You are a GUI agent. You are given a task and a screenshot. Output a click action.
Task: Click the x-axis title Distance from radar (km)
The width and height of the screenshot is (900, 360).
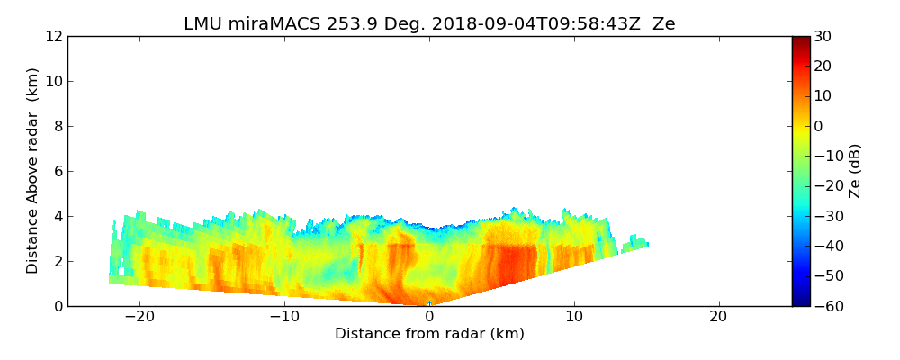[x=429, y=334]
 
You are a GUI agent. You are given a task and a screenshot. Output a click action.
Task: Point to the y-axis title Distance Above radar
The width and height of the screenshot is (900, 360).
[x=33, y=170]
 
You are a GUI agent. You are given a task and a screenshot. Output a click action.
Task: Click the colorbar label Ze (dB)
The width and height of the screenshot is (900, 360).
[x=855, y=171]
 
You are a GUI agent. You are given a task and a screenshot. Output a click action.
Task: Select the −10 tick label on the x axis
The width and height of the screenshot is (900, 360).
[x=284, y=317]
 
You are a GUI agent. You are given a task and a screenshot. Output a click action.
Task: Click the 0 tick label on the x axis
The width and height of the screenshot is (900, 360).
[x=429, y=317]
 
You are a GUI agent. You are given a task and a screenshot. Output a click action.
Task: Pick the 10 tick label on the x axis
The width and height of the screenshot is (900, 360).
[x=574, y=317]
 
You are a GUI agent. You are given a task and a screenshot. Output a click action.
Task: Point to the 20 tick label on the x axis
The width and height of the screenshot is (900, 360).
[x=718, y=317]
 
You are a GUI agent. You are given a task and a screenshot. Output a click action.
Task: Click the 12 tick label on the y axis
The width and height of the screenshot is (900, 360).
[x=52, y=37]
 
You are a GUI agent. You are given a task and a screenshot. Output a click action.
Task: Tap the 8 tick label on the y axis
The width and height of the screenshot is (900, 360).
[x=56, y=127]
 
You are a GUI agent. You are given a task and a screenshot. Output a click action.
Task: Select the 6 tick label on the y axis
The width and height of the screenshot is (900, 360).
[x=56, y=172]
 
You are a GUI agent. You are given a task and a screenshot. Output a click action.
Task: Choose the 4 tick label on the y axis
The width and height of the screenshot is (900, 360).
[x=56, y=217]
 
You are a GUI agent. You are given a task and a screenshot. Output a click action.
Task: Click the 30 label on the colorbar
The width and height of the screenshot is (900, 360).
[x=822, y=37]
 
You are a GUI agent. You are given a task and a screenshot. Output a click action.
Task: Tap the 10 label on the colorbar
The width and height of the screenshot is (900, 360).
[x=822, y=96]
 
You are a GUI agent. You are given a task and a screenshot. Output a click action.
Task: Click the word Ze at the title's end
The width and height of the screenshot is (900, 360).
[x=663, y=24]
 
